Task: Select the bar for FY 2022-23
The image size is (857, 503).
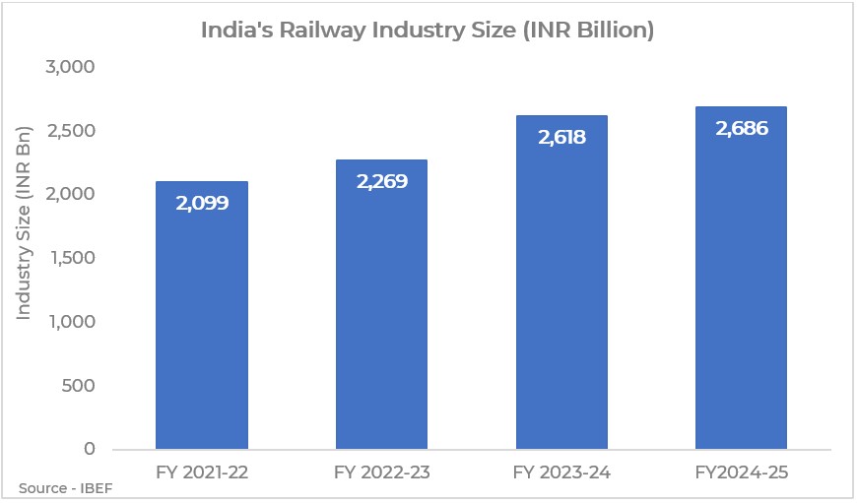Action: click(381, 315)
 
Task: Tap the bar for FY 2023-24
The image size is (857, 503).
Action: click(561, 295)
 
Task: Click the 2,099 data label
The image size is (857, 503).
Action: click(201, 205)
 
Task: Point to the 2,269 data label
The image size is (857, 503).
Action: click(381, 182)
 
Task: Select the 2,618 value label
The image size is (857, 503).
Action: click(561, 138)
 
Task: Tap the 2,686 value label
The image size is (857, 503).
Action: click(741, 129)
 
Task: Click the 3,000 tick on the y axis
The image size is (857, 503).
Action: click(70, 67)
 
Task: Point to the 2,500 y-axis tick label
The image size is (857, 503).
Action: click(70, 131)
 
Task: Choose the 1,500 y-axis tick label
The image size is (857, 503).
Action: click(70, 258)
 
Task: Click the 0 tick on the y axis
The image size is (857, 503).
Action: click(89, 449)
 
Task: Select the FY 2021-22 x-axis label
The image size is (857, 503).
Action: click(201, 472)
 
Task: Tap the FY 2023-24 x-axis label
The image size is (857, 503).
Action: click(561, 472)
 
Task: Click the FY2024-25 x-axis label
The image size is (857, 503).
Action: click(741, 472)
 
